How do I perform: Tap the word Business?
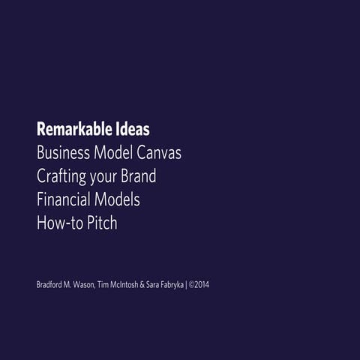tap(62, 153)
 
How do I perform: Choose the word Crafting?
tap(62, 177)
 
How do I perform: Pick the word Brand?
tap(140, 177)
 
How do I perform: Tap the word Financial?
tap(64, 200)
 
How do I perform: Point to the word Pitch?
tap(101, 223)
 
